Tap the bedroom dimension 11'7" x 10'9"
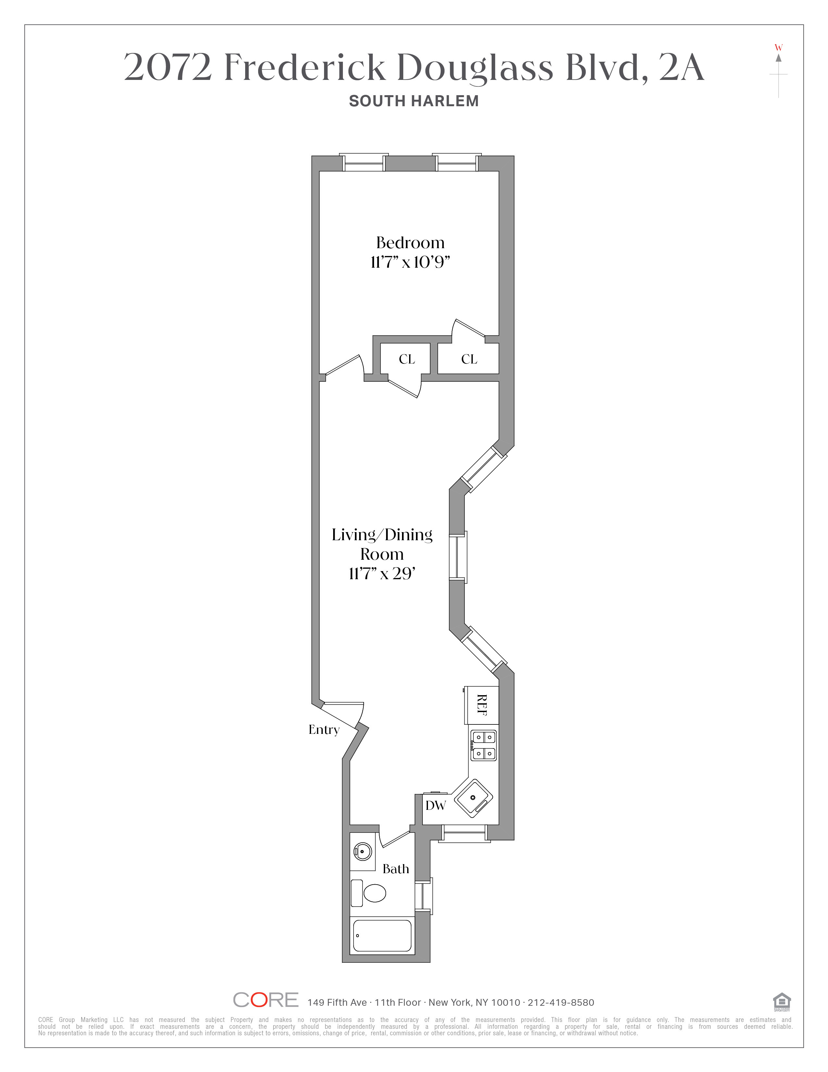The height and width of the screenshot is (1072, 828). click(x=410, y=262)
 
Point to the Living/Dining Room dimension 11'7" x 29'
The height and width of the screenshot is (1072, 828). click(x=382, y=573)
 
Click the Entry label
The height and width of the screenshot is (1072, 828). click(x=324, y=730)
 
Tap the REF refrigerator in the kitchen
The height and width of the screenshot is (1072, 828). click(x=482, y=705)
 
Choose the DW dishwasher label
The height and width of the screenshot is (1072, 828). click(x=435, y=806)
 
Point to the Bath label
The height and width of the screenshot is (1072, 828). click(x=396, y=869)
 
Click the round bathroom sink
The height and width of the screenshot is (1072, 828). click(x=362, y=851)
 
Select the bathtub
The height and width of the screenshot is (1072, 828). click(x=383, y=936)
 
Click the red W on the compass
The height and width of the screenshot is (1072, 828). click(x=778, y=48)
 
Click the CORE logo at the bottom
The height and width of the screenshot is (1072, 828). click(x=265, y=1000)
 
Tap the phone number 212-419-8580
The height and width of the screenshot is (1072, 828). click(x=561, y=1002)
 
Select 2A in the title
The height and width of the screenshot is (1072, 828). click(x=681, y=67)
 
